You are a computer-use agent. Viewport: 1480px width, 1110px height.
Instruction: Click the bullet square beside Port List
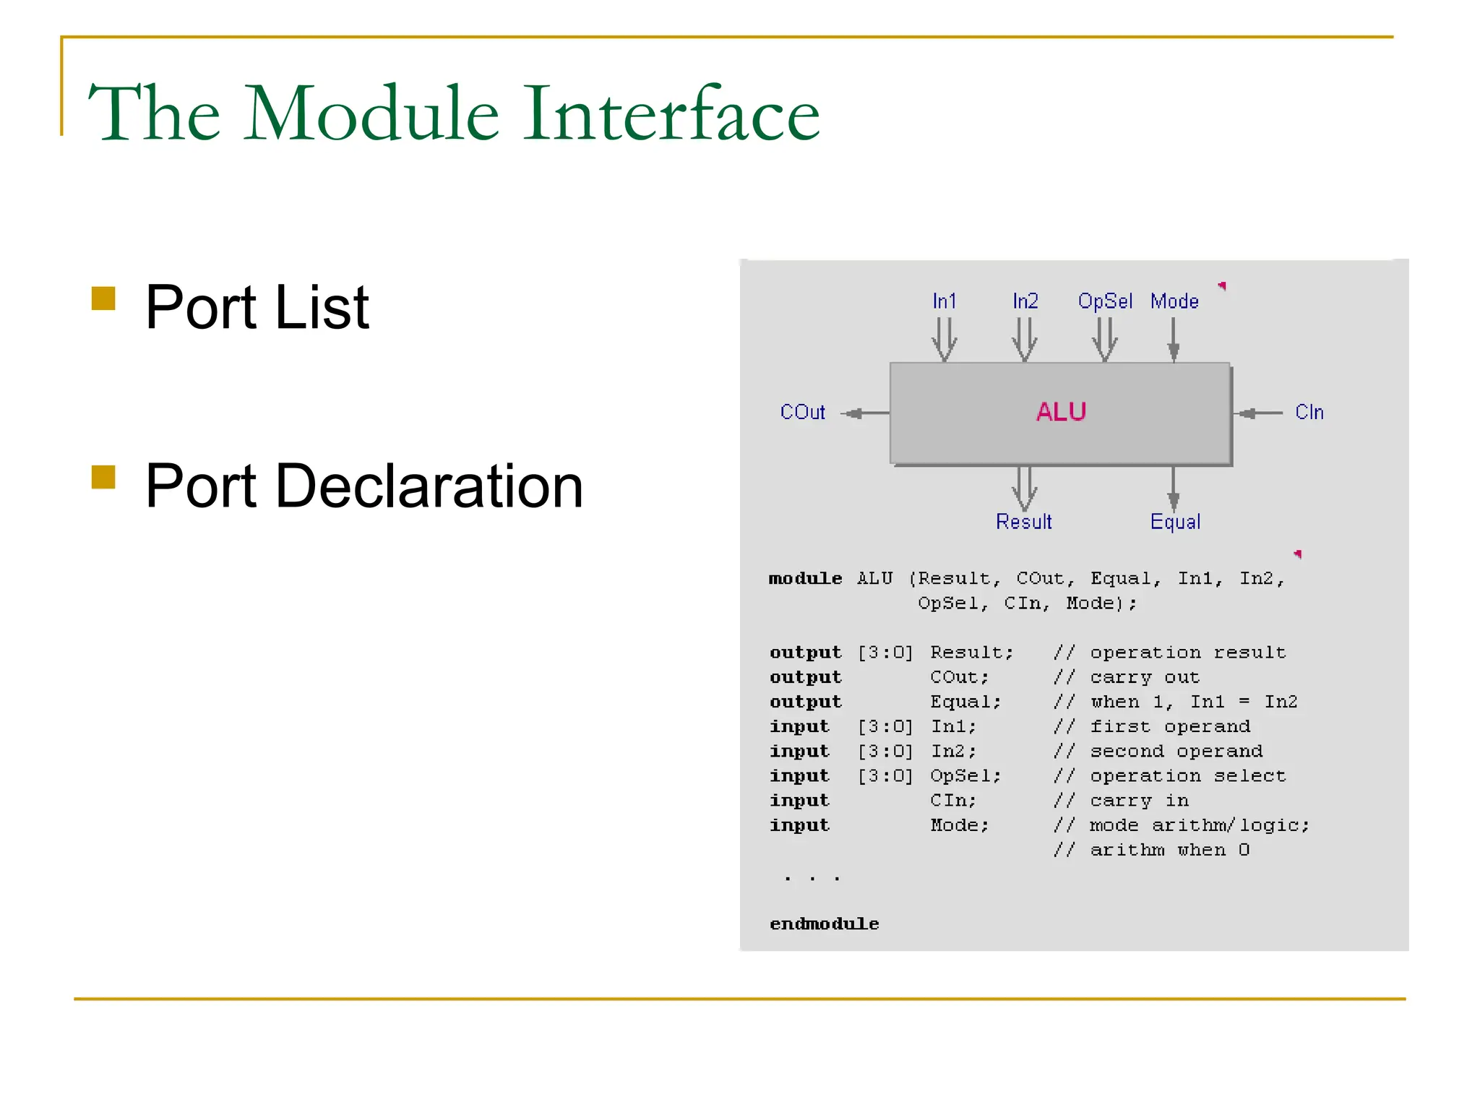pos(104,298)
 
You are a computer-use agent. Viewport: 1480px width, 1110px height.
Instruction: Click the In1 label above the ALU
pos(944,301)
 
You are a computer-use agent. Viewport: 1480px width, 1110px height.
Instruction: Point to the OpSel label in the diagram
pos(1104,301)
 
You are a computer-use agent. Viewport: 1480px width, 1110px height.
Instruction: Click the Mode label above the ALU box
pos(1174,301)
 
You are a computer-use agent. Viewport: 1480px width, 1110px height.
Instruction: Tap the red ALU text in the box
pos(1061,412)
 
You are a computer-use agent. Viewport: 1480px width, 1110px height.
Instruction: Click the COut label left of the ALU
pos(802,413)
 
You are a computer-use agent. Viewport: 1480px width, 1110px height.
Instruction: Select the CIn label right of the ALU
pos(1309,413)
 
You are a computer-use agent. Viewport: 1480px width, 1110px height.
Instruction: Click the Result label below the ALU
pos(1023,522)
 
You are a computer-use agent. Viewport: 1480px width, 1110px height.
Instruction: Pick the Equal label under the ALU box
pos(1175,522)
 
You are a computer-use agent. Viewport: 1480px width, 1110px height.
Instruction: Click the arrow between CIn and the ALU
pos(1259,413)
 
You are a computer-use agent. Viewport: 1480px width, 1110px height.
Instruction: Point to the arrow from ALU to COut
pos(864,413)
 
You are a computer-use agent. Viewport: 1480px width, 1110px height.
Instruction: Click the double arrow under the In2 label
pos(1024,340)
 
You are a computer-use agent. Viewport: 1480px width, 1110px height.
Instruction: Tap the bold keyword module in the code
pos(805,579)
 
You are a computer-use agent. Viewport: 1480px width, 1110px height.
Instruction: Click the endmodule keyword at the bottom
pos(824,924)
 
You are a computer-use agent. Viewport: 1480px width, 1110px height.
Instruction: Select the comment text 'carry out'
pos(1145,678)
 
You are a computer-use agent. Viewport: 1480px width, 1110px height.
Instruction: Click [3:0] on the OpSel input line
pos(885,776)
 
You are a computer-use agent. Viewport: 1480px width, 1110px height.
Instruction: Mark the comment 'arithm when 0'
pos(1169,851)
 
